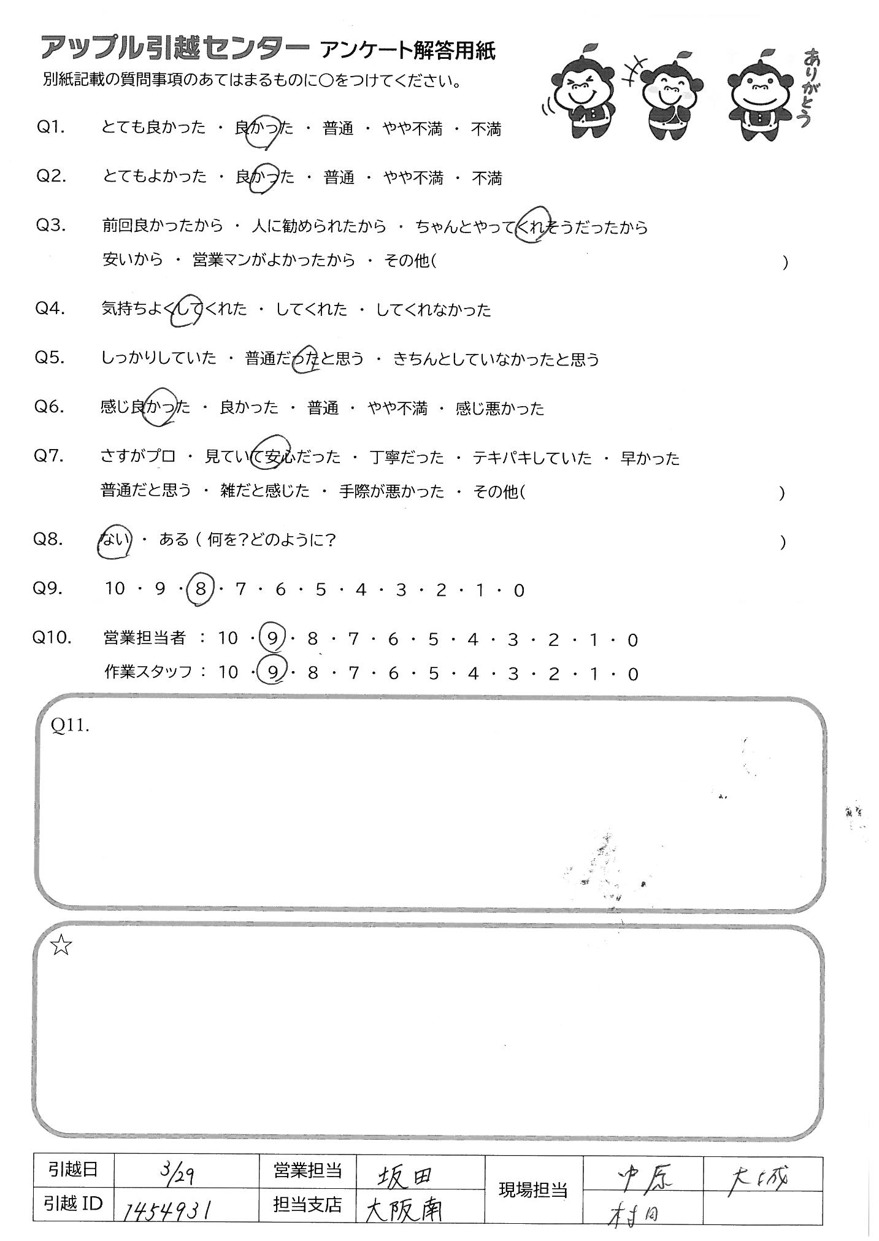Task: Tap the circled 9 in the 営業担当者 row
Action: (272, 639)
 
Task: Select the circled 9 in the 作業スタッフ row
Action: (272, 672)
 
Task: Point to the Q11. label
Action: (71, 726)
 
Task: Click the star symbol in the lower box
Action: (61, 947)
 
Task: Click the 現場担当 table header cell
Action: (533, 1191)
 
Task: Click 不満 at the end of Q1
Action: (486, 129)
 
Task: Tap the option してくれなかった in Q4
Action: (433, 310)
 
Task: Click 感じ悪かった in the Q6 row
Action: (499, 409)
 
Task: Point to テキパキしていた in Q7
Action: (532, 458)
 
